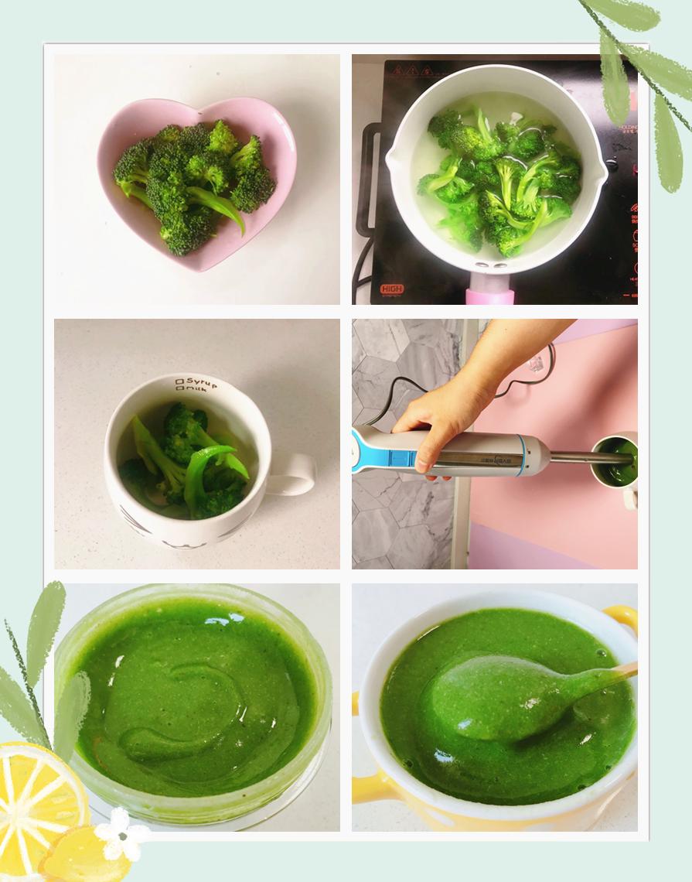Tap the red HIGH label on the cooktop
coord(393,289)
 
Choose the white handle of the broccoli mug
coord(293,474)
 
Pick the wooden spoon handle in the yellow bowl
coord(619,672)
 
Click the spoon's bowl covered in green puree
coord(487,696)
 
